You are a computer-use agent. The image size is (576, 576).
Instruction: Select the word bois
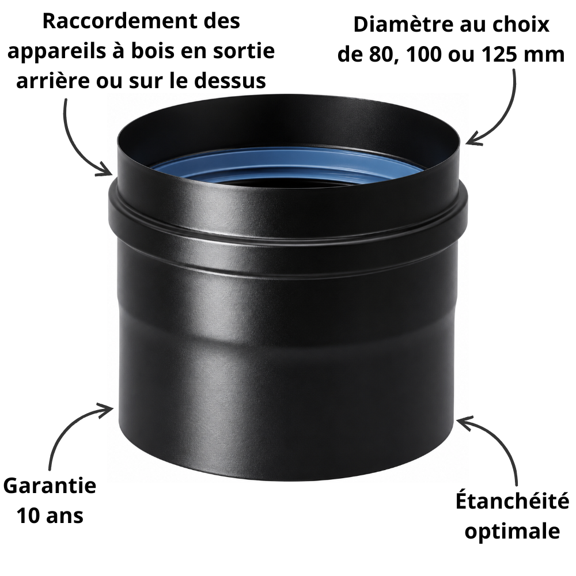pos(150,51)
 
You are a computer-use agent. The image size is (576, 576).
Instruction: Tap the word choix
pos(525,25)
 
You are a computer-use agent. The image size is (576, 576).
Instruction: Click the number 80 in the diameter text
pos(382,54)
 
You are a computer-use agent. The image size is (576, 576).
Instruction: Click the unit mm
pos(544,56)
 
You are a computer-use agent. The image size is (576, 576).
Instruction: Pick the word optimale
pos(513,531)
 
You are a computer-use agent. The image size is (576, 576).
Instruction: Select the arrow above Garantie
pos(70,426)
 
